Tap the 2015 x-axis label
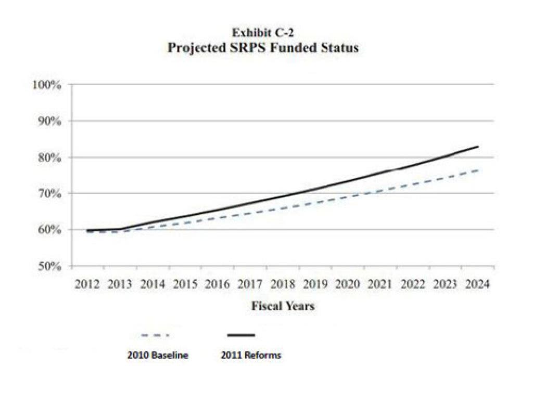tap(185, 284)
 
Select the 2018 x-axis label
tap(282, 284)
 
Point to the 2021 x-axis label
tap(380, 284)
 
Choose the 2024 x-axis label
tap(478, 284)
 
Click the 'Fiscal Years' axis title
tap(283, 306)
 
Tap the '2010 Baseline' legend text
tap(158, 356)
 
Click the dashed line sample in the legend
tap(155, 335)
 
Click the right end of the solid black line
tap(478, 147)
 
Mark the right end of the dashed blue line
tap(478, 170)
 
